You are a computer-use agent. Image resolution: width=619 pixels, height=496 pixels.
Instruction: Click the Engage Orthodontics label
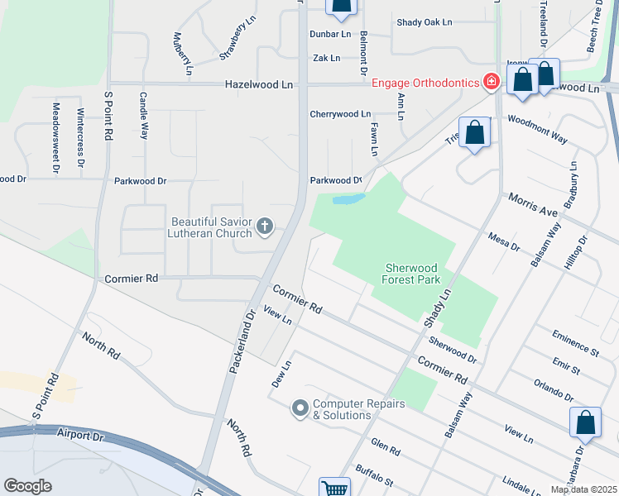tap(425, 83)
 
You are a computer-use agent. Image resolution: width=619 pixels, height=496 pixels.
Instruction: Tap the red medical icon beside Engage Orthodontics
tap(492, 81)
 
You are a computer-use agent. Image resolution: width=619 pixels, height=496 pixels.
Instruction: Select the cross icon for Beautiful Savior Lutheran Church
tap(265, 227)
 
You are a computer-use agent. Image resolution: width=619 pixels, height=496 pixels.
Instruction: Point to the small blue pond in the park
tap(348, 199)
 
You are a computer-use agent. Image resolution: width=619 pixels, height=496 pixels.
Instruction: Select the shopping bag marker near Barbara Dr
tap(585, 422)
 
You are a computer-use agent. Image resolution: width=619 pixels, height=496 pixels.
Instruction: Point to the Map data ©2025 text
tap(583, 489)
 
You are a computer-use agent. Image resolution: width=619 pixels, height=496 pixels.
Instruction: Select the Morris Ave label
tap(535, 206)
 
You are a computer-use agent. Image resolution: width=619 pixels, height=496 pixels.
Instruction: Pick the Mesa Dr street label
tap(503, 241)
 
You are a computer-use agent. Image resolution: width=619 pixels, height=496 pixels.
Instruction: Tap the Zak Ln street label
tap(327, 58)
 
